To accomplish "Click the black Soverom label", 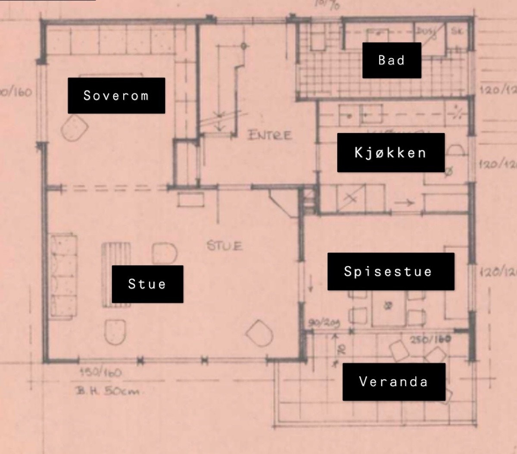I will [x=116, y=95].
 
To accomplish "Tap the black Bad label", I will [x=392, y=60].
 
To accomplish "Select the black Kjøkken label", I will [x=390, y=153].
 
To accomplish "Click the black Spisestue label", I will [x=391, y=271].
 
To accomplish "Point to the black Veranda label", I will [x=394, y=382].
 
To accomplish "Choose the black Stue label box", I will [x=147, y=284].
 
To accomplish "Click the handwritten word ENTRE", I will [x=270, y=135].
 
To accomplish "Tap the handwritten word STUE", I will [x=224, y=246].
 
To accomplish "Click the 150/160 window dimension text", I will [x=100, y=372].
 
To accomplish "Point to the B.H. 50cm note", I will [x=108, y=391].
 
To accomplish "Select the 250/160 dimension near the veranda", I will [x=430, y=339].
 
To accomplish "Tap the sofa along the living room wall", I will [x=63, y=276].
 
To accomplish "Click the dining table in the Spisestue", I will [x=388, y=308].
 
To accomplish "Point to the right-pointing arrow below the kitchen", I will [x=404, y=203].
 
